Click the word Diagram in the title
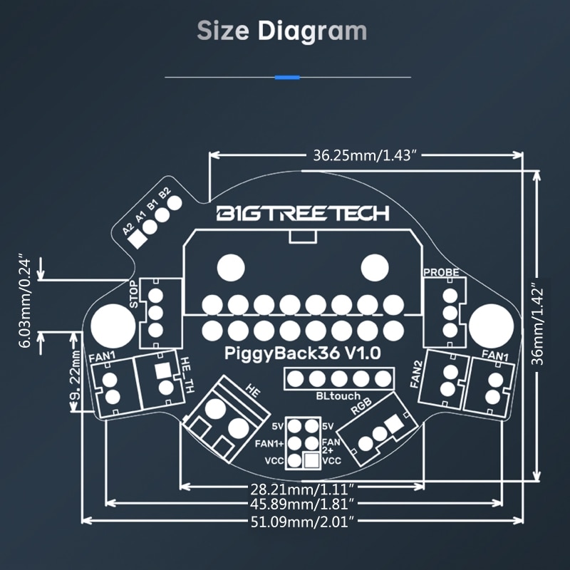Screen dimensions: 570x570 pyautogui.click(x=312, y=31)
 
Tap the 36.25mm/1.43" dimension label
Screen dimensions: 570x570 pyautogui.click(x=363, y=156)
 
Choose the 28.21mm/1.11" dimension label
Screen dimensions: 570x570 pyautogui.click(x=301, y=488)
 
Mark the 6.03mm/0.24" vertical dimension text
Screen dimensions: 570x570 pyautogui.click(x=25, y=299)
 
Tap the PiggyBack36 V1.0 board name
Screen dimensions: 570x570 pyautogui.click(x=304, y=352)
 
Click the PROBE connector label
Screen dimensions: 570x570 pyautogui.click(x=441, y=272)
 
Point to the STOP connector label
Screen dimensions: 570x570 pyautogui.click(x=135, y=295)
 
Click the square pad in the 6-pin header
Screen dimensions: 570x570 pyautogui.click(x=311, y=460)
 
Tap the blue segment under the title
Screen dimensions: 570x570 pyautogui.click(x=287, y=77)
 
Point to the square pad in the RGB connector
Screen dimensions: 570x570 pyautogui.click(x=390, y=425)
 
